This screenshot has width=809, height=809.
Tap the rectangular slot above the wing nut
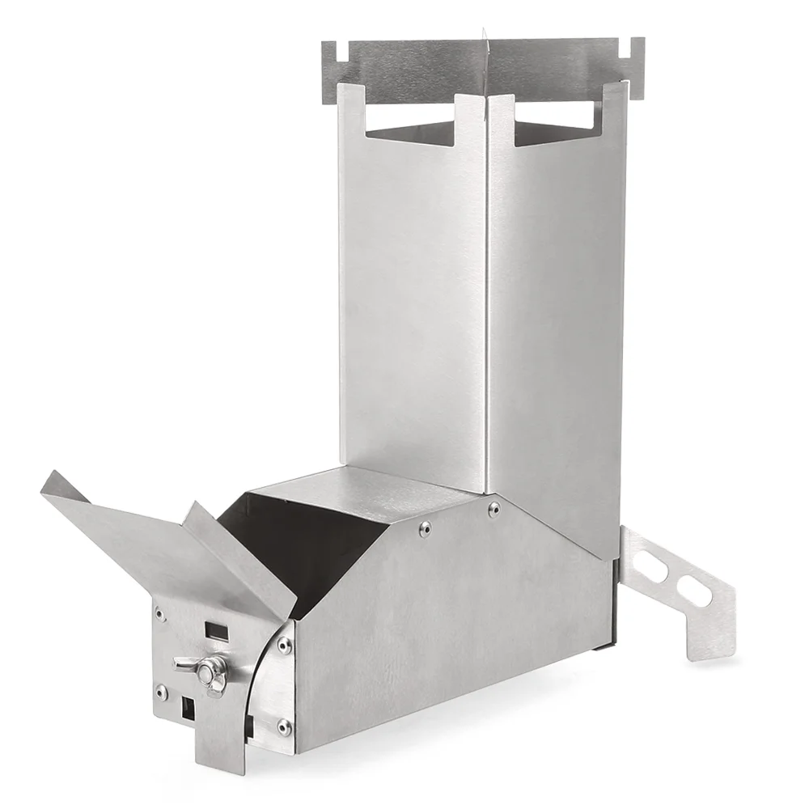[215, 627]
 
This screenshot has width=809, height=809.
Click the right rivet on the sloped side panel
[493, 508]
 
